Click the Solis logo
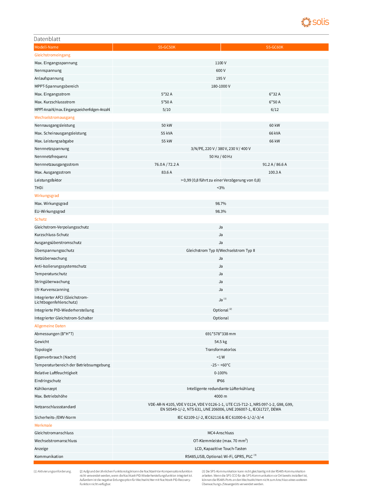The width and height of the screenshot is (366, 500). point(315,22)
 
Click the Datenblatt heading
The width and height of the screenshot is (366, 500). point(47,39)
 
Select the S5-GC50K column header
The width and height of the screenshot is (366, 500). point(167,47)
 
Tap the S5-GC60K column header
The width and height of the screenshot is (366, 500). point(274,47)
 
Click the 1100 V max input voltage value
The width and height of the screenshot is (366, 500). point(221,63)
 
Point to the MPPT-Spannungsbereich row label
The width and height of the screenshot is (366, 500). point(56,86)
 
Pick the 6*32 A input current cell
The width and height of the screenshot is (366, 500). point(274,94)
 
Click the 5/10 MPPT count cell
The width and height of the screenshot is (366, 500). point(167,110)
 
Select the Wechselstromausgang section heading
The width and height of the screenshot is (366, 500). point(54,118)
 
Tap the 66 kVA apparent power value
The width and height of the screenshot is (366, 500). point(274,133)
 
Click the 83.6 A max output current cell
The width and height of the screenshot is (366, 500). point(167,172)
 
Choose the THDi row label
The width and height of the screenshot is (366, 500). point(39,188)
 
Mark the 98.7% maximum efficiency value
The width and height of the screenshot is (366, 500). point(221,204)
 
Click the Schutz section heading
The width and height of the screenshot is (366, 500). point(41,219)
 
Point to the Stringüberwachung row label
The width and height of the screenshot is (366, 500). point(52,282)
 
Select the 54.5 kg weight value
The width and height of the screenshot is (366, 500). point(221,342)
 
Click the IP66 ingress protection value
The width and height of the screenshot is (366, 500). point(221,381)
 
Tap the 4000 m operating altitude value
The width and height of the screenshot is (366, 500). point(221,396)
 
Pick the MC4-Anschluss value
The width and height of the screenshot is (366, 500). point(221,433)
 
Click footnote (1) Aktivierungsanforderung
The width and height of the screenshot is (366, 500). point(52,472)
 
